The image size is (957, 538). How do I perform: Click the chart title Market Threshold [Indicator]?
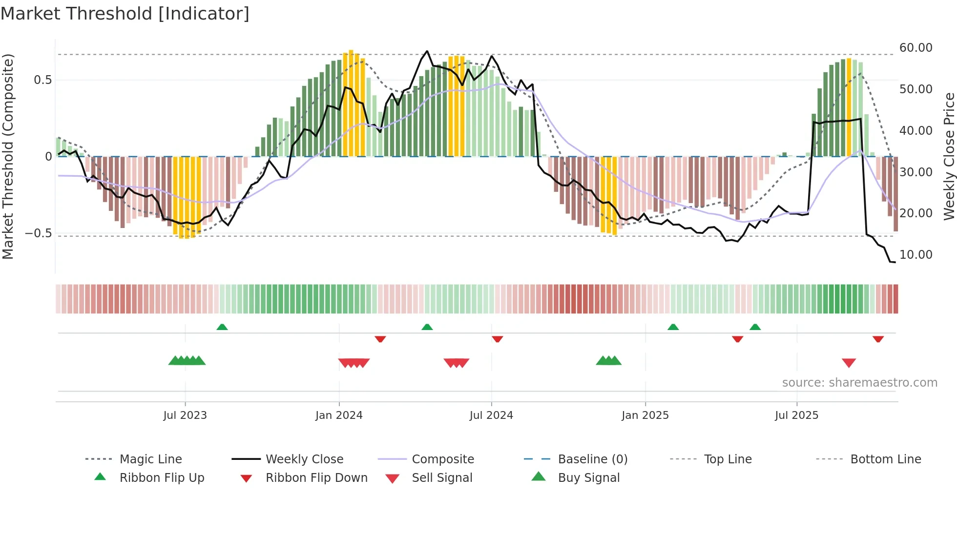(125, 14)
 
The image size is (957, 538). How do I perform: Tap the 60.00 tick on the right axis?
(915, 48)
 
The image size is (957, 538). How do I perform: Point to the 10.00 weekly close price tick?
(915, 255)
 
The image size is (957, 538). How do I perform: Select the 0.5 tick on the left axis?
(42, 80)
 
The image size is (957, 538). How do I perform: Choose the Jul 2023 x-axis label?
(185, 415)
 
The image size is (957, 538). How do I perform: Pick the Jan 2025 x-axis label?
(645, 415)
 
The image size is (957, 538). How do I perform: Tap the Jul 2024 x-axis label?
(491, 415)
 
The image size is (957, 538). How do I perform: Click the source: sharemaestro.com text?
(859, 383)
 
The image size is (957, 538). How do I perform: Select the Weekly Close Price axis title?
(949, 156)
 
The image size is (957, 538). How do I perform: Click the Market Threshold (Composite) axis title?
(8, 156)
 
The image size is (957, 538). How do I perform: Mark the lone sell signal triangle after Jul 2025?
(849, 363)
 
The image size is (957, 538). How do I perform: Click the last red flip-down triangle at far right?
(878, 339)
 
